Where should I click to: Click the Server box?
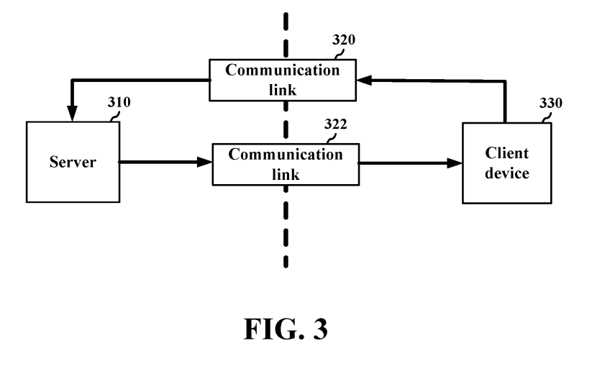pyautogui.click(x=73, y=162)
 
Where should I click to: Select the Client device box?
pyautogui.click(x=507, y=163)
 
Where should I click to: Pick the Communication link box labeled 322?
pyautogui.click(x=286, y=163)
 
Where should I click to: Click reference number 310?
pyautogui.click(x=119, y=102)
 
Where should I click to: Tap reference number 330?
pyautogui.click(x=551, y=103)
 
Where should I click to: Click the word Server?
pyautogui.click(x=73, y=162)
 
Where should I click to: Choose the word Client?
pyautogui.click(x=507, y=153)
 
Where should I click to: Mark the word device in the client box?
pyautogui.click(x=507, y=173)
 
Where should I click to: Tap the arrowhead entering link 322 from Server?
pyautogui.click(x=205, y=163)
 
